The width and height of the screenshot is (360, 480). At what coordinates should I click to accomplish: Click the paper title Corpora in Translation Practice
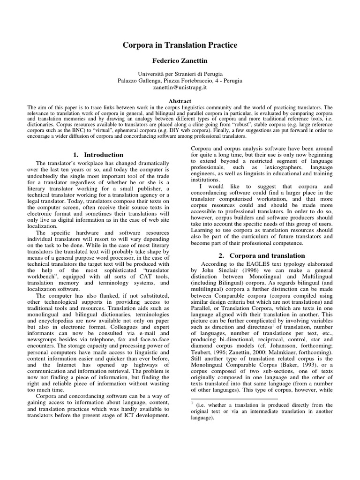pos(180,45)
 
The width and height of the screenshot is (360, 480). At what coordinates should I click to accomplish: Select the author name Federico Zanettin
pos(180,61)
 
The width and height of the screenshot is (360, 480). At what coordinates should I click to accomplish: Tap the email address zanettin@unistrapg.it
pos(180,88)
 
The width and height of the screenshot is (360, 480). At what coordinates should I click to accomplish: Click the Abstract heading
pos(180,101)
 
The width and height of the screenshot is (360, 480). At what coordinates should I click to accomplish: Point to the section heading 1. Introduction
pos(99,155)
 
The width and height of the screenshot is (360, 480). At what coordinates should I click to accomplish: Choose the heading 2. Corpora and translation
pos(262,255)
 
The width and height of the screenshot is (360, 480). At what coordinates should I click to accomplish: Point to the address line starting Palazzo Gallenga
pos(180,81)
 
